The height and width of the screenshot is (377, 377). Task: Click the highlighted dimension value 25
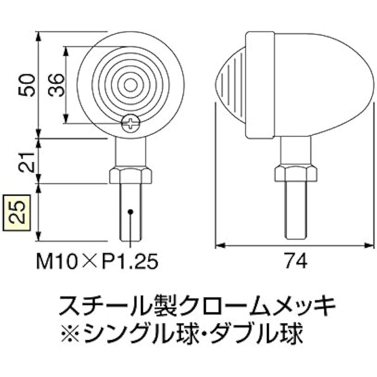point(17,213)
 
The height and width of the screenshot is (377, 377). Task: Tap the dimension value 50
point(27,85)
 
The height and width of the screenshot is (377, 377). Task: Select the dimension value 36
point(56,85)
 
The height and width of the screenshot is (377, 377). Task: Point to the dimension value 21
point(27,162)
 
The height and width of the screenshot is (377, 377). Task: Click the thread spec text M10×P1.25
point(97,261)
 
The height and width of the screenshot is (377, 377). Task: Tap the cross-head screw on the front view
point(130,123)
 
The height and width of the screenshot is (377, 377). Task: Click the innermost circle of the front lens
point(131,85)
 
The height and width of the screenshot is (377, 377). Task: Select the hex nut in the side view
point(296,173)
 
